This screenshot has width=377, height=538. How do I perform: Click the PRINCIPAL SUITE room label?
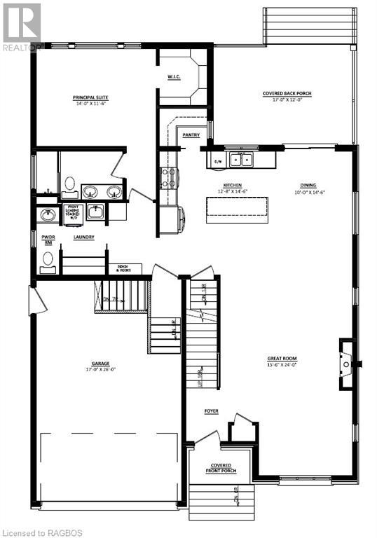[90, 100]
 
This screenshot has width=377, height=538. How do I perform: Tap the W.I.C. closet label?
[174, 77]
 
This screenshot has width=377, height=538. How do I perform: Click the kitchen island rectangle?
[237, 209]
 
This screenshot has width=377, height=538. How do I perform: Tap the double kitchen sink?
[242, 160]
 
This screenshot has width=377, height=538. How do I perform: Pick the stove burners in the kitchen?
[168, 177]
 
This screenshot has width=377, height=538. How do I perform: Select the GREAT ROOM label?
[282, 361]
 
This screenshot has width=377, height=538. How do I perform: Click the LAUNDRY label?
[85, 237]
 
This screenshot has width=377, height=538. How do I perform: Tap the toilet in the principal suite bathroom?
[69, 185]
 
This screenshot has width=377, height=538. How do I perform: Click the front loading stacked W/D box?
[73, 213]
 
